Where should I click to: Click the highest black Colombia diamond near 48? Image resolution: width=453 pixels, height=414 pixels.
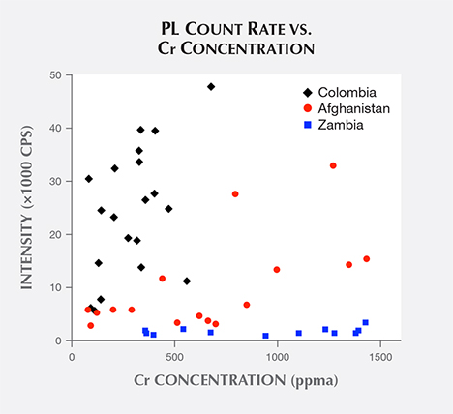(x=211, y=86)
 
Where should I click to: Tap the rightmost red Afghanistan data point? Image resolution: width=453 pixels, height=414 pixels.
(x=366, y=258)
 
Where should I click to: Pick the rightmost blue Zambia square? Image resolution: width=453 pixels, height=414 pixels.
(x=365, y=322)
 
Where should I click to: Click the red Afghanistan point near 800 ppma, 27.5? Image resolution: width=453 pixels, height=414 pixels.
(x=235, y=193)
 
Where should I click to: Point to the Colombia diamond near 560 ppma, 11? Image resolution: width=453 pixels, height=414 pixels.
(x=187, y=281)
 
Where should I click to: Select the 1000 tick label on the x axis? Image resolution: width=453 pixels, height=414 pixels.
(x=277, y=357)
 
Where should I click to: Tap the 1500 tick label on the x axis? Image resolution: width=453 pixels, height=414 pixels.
(x=379, y=357)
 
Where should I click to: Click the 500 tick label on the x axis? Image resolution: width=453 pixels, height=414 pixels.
(x=174, y=357)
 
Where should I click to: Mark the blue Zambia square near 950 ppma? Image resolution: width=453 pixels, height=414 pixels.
(x=265, y=336)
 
